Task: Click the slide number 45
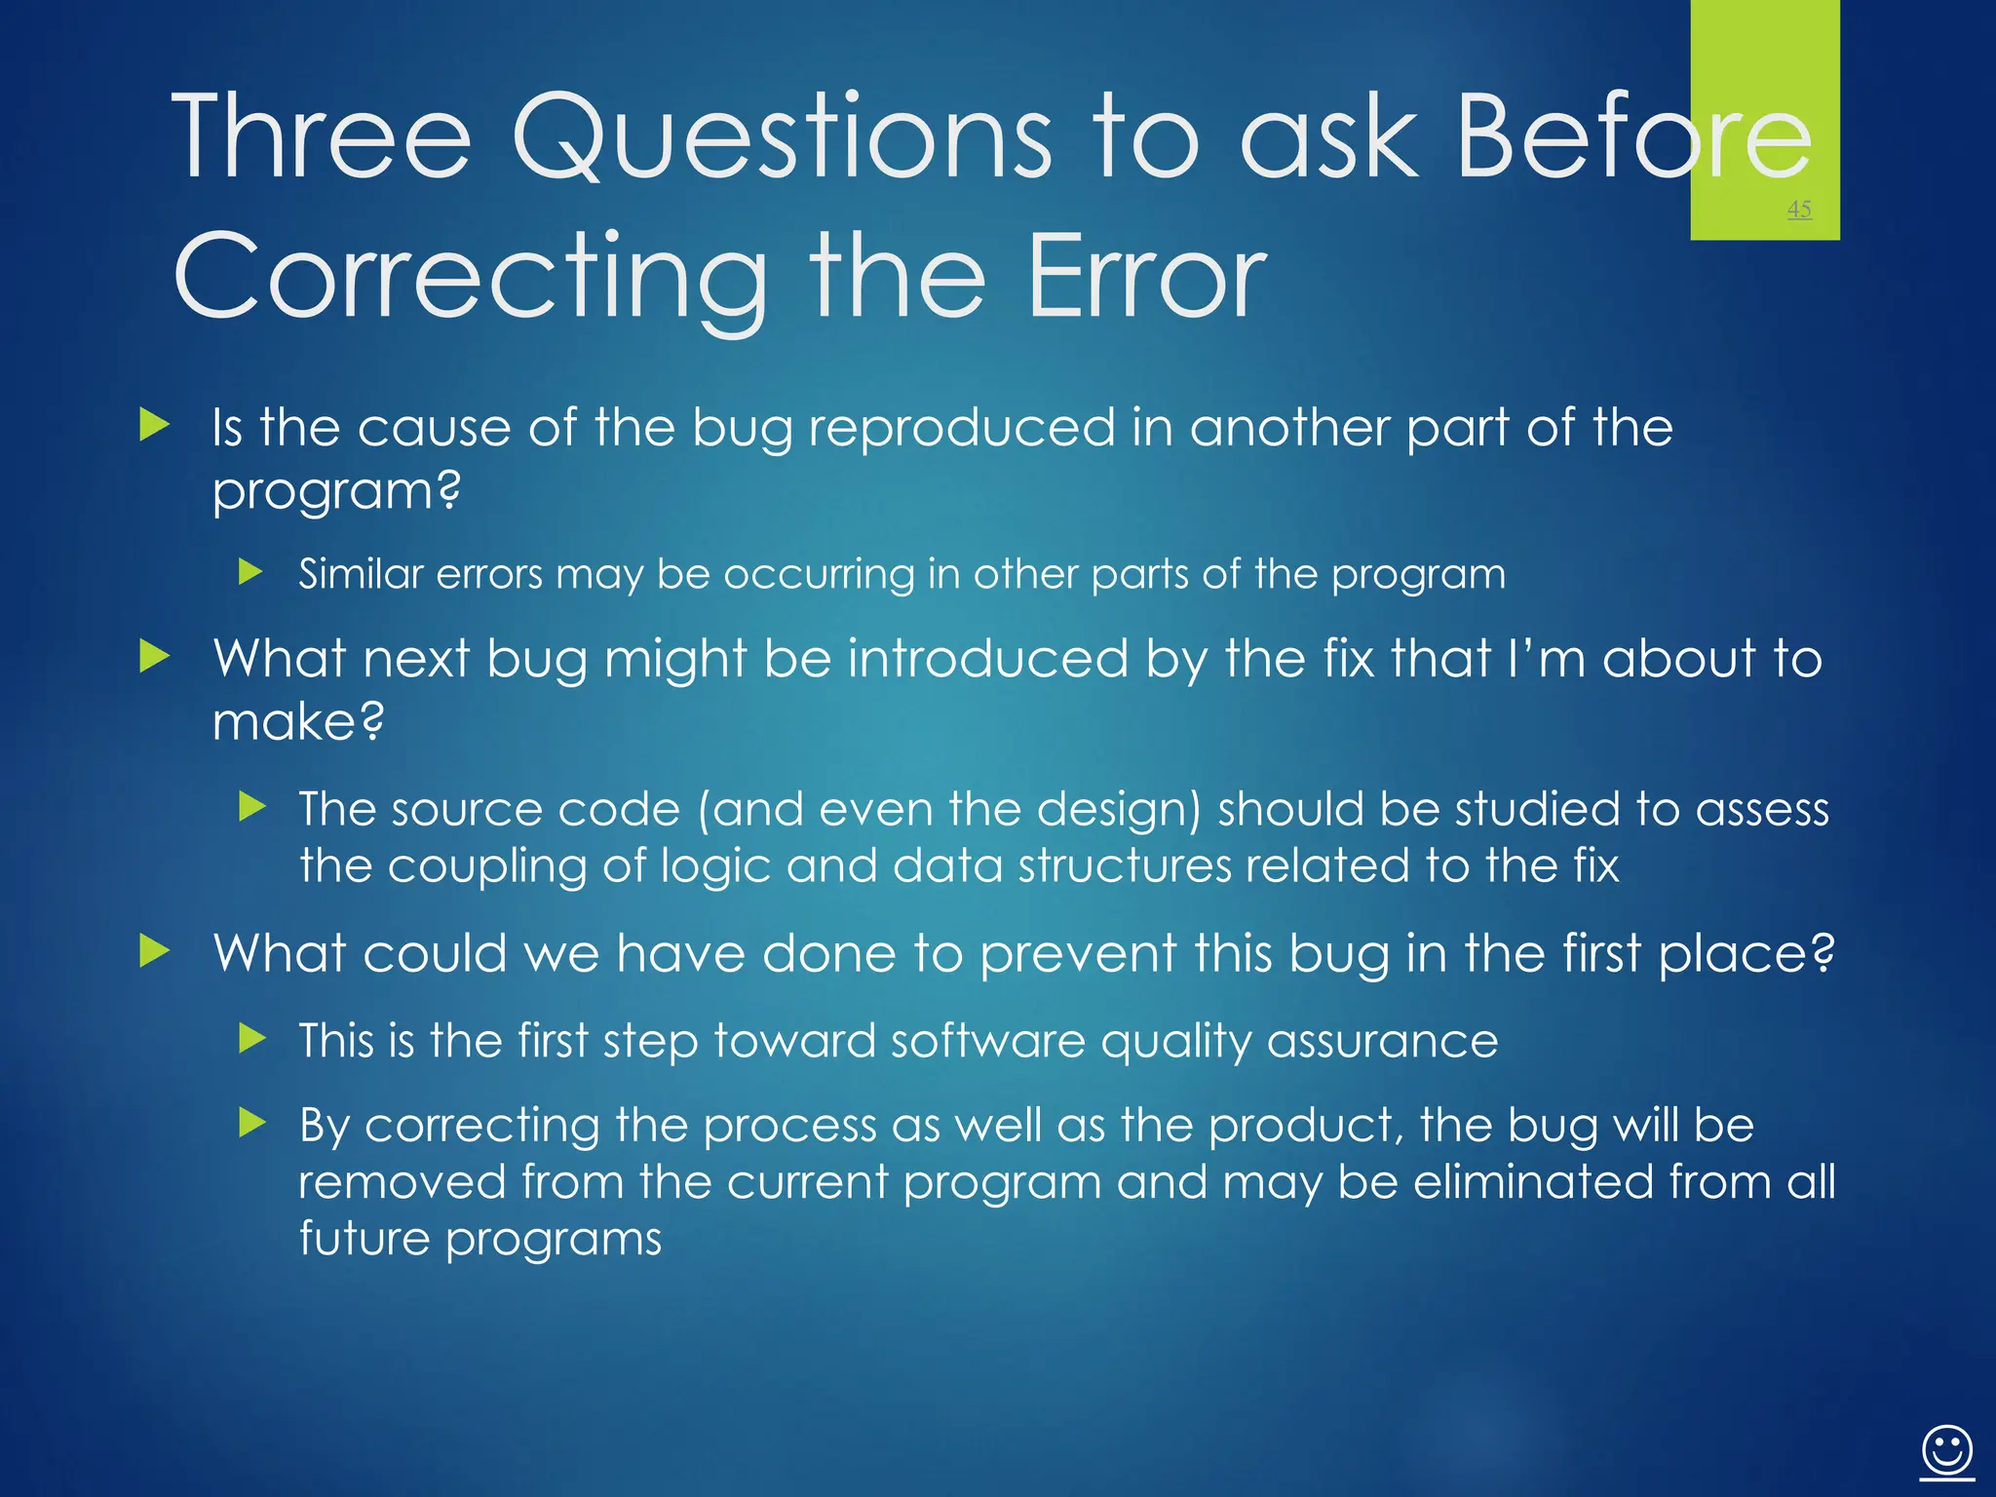click(1799, 209)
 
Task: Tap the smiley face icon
click(1947, 1451)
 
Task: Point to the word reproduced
click(961, 428)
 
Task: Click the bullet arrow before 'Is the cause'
click(155, 425)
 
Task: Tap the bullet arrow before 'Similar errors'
click(251, 571)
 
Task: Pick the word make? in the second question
click(298, 722)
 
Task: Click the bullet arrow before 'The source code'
click(251, 806)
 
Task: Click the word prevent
click(1078, 954)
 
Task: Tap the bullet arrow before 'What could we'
click(155, 950)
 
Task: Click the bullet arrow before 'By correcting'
click(251, 1123)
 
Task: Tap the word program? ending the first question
click(336, 491)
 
